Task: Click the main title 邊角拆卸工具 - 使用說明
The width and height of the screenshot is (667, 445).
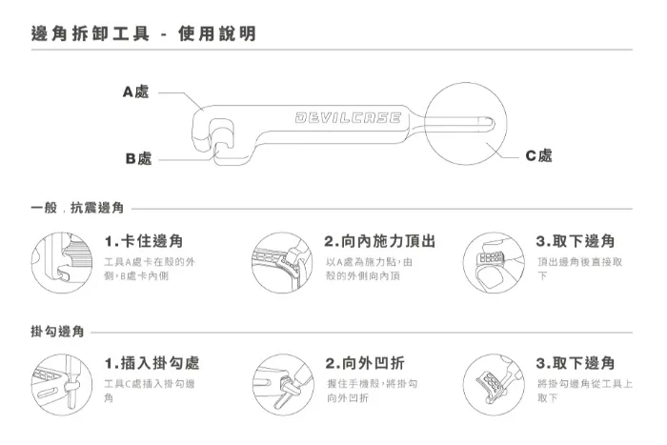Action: tap(144, 33)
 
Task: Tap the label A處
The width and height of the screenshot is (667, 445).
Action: tap(135, 91)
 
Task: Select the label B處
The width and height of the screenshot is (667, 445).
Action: tap(139, 158)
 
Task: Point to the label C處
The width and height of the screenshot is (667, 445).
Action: tap(538, 155)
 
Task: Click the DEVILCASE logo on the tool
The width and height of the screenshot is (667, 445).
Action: tap(348, 117)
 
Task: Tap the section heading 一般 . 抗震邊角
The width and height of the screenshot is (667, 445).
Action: tap(77, 208)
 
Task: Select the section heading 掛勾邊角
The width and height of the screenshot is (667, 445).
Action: tap(57, 331)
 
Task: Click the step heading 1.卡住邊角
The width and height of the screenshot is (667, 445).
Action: tap(144, 241)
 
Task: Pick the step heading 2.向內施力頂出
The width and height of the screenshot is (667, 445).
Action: tap(380, 241)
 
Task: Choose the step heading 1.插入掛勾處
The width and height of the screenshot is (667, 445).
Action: tap(152, 363)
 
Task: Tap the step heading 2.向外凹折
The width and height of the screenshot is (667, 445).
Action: tap(365, 363)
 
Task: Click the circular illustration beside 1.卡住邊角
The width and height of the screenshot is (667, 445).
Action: tap(62, 262)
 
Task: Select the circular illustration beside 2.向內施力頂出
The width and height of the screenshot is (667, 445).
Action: tap(282, 262)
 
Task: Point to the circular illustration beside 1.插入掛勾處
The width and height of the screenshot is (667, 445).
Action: tap(62, 385)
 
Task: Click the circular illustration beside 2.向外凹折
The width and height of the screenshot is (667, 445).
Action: tap(283, 385)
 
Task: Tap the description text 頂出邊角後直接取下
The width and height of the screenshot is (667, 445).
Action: tap(579, 269)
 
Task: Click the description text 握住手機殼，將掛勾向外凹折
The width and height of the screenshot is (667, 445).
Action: tap(373, 391)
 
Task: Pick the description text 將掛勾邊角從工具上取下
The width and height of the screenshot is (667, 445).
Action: tap(585, 391)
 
